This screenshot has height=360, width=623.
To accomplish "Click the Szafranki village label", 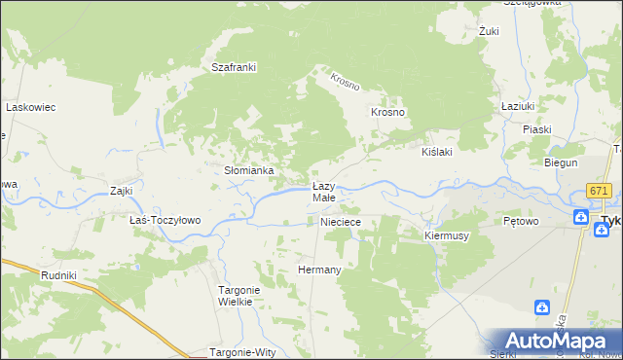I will coord(234,67).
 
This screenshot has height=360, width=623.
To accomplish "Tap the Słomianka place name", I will coord(249,170).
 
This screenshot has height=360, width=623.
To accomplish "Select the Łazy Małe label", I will coord(324,192).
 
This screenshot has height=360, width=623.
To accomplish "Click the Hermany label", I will coord(319,270).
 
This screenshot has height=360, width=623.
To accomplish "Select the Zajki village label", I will coord(122,191).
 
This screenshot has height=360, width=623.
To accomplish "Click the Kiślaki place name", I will coord(437,153).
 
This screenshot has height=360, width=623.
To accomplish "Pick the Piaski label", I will coord(536,129).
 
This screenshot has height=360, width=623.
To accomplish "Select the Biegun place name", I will coord(561,162).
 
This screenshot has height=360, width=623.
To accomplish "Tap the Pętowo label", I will coord(522,221).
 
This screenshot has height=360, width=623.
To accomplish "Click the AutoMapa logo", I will coord(552,340).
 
